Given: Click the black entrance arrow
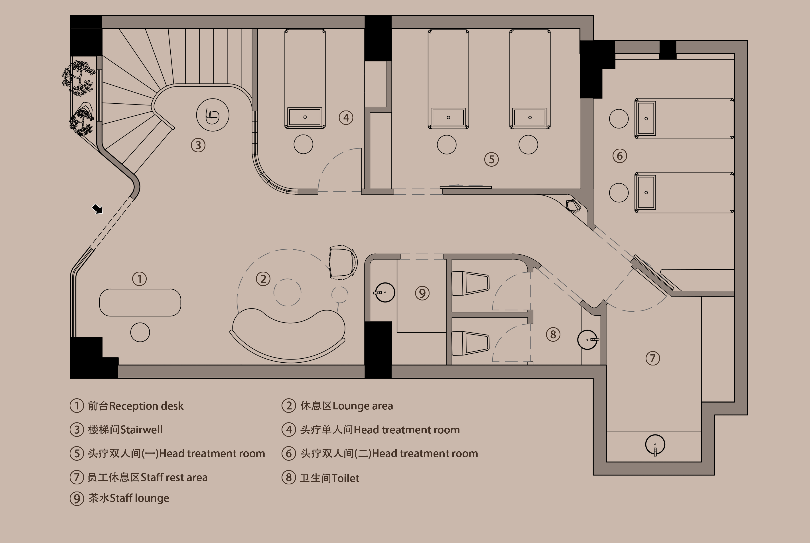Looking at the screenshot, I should click(97, 209).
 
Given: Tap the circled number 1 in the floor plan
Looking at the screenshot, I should click(140, 279).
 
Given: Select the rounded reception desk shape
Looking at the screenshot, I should click(140, 302).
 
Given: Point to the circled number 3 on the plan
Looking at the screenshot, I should click(198, 145).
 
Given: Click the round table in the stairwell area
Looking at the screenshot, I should click(213, 115).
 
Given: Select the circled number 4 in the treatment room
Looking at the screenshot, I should click(346, 118).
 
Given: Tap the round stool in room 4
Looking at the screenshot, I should click(303, 144).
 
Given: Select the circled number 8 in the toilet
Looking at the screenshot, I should click(553, 335).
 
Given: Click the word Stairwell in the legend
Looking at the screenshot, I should click(141, 430).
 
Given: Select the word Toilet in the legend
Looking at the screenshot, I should click(345, 478).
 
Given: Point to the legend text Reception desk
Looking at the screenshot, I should click(146, 406).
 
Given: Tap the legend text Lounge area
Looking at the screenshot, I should click(363, 406).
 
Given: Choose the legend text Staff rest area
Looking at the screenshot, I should click(174, 478).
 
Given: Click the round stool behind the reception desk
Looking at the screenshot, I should click(140, 332).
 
